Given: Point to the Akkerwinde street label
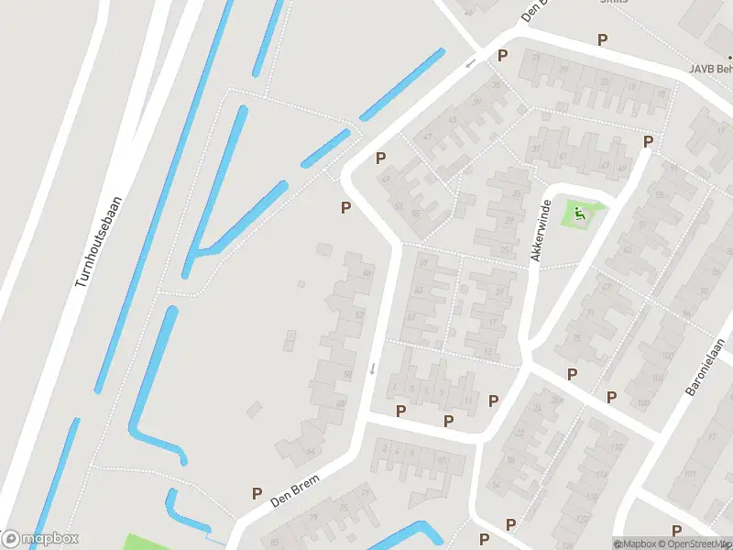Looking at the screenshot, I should pyautogui.click(x=542, y=231).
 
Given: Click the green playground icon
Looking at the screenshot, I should pyautogui.click(x=580, y=214).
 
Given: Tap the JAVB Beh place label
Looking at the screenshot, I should pyautogui.click(x=711, y=69).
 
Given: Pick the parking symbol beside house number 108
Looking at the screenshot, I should pyautogui.click(x=611, y=397).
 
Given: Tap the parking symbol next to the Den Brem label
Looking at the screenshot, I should pyautogui.click(x=257, y=494).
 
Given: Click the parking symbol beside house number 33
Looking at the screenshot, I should pyautogui.click(x=502, y=56).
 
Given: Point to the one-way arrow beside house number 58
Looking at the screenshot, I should pyautogui.click(x=372, y=369).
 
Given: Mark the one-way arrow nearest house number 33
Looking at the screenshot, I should pyautogui.click(x=470, y=63).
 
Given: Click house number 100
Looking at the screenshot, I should pyautogui.click(x=666, y=354).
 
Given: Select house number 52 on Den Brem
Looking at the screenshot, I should pyautogui.click(x=359, y=315).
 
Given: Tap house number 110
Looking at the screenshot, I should pyautogui.click(x=616, y=447).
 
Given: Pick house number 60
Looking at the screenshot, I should pyautogui.click(x=341, y=404).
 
